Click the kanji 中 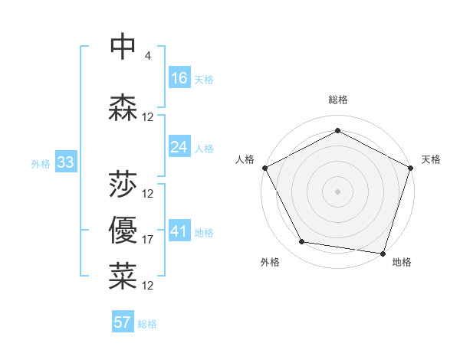click(123, 47)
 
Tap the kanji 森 click(123, 106)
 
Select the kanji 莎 click(123, 185)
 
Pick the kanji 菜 click(123, 277)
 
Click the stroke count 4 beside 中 click(147, 55)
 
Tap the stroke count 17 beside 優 click(148, 240)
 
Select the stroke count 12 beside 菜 click(148, 285)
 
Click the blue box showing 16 click(179, 78)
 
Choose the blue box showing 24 click(179, 147)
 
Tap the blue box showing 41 click(179, 231)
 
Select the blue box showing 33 click(65, 162)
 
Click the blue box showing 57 click(122, 322)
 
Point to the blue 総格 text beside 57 click(148, 324)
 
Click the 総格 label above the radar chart click(338, 100)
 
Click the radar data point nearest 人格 click(264, 168)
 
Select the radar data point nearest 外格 click(302, 242)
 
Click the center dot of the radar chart click(338, 191)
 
